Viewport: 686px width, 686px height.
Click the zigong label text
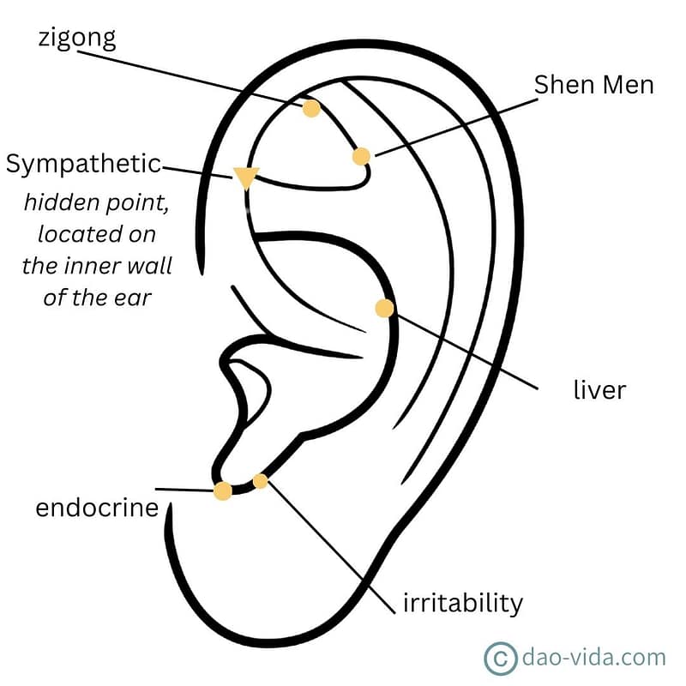point(78,39)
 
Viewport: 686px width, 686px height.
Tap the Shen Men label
point(593,85)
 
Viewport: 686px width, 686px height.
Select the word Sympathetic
point(83,164)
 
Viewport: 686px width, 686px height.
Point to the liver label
point(599,390)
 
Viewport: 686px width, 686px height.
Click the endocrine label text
point(97,508)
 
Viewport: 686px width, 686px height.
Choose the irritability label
point(462,603)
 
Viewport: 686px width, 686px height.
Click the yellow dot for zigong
point(311,108)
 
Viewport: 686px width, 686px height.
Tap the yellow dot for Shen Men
point(361,156)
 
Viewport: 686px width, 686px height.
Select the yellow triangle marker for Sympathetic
point(246,178)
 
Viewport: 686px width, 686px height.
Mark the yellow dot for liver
point(384,308)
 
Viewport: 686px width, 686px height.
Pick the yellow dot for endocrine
point(223,490)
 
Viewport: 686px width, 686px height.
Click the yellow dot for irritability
point(261,481)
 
